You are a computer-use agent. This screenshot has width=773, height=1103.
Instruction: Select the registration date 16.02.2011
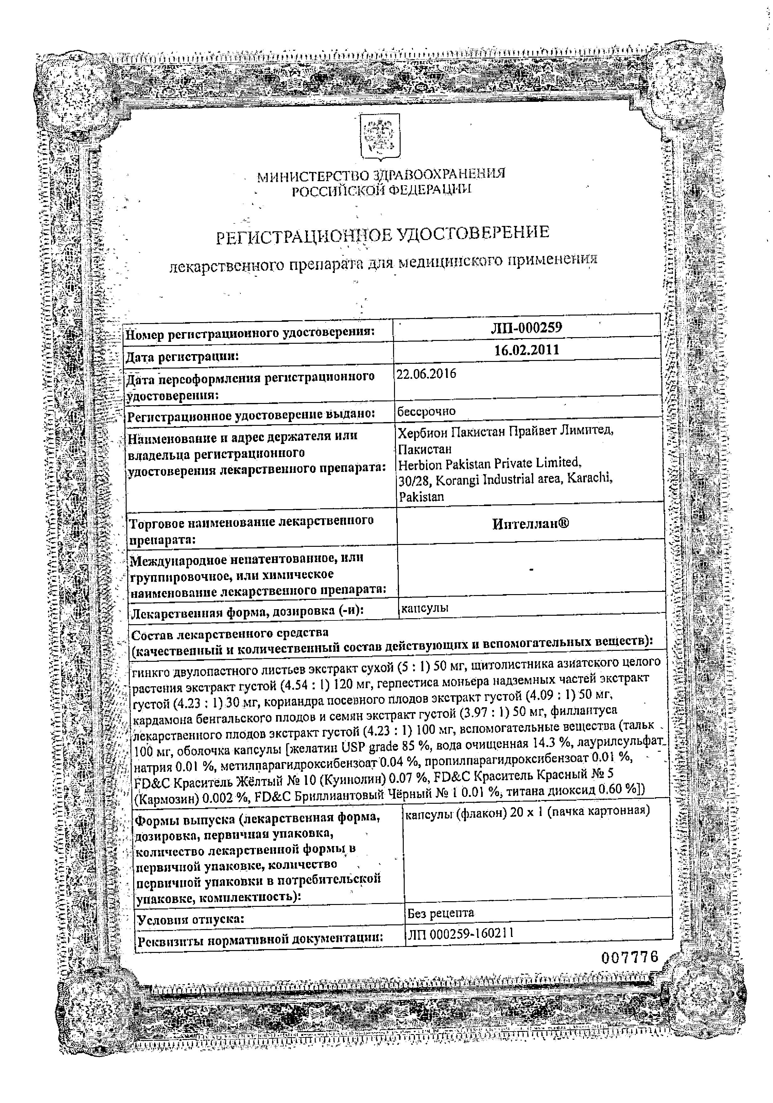[x=527, y=349]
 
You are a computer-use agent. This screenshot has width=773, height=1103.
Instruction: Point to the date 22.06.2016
[x=426, y=374]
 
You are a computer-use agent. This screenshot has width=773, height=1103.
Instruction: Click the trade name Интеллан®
[x=530, y=523]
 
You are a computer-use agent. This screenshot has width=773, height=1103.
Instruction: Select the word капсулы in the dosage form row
[x=425, y=607]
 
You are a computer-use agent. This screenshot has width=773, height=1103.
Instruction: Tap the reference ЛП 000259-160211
[x=460, y=933]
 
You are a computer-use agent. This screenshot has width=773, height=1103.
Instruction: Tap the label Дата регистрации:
[x=182, y=356]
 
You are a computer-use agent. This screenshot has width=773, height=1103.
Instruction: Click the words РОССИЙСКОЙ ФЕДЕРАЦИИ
[x=382, y=191]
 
